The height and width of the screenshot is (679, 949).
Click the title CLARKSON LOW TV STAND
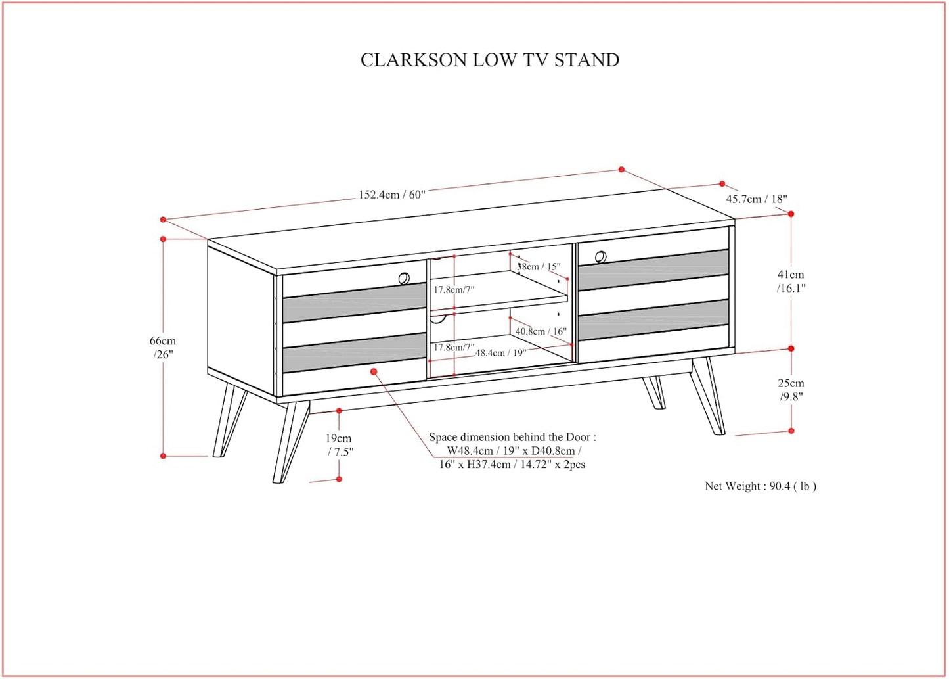(489, 60)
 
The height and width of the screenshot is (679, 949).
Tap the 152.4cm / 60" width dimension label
(391, 195)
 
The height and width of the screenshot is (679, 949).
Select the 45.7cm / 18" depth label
(756, 199)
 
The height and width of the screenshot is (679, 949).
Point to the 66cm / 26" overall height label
(163, 347)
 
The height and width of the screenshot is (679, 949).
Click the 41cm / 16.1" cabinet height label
(791, 281)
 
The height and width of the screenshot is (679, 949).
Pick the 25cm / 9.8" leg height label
(791, 389)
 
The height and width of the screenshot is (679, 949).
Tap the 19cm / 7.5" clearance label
(339, 444)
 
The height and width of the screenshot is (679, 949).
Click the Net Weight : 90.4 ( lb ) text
(760, 486)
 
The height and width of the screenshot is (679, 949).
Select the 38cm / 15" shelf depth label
(539, 266)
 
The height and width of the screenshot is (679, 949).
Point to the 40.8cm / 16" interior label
(540, 331)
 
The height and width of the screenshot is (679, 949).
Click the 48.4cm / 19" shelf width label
(500, 353)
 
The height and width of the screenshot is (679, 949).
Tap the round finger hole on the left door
(404, 278)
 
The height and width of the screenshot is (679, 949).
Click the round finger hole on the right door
(601, 256)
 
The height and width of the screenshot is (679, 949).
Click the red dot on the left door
(374, 372)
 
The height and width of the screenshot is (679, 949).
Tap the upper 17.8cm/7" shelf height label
(453, 289)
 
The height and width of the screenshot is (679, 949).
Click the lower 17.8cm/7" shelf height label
(453, 347)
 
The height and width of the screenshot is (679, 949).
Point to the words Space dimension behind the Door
(512, 437)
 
